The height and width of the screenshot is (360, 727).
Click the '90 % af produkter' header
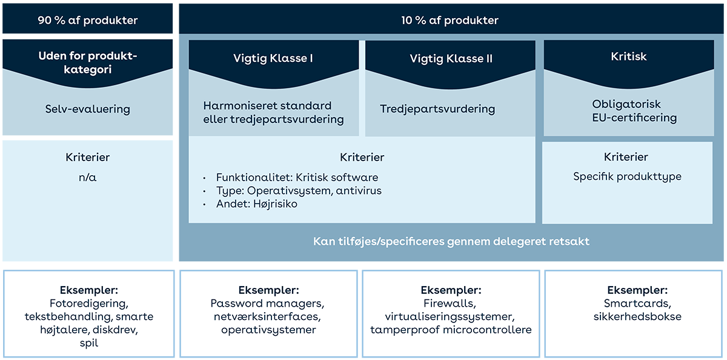88,21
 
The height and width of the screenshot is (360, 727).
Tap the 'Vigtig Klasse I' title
273,59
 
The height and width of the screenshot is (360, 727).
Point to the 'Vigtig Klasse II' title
451,59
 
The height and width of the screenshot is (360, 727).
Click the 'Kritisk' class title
628,56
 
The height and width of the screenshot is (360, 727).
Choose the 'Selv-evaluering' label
88,109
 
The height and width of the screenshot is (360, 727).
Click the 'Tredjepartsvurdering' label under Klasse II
437,109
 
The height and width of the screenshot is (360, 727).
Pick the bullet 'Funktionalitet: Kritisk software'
297,178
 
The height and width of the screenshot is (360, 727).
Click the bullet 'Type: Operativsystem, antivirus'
299,191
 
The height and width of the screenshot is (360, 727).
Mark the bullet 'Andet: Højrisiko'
256,204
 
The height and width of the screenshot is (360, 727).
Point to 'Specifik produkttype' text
627,177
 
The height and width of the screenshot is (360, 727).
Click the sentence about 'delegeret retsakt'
451,242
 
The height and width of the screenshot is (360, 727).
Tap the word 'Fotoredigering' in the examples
88,303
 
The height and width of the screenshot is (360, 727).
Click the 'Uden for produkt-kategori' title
88,63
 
